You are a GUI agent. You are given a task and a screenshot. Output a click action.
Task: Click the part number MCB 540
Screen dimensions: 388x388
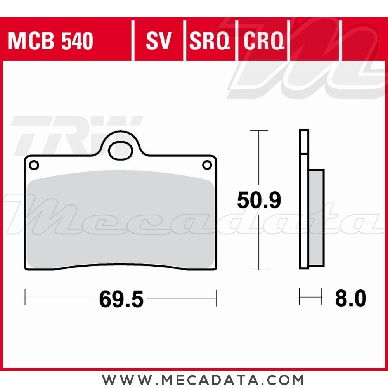[50, 41]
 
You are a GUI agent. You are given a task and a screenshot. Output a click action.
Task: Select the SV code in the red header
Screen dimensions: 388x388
[159, 41]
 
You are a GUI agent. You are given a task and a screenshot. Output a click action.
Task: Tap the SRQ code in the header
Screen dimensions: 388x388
[210, 41]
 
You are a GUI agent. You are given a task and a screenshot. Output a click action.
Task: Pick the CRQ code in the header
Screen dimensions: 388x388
[263, 41]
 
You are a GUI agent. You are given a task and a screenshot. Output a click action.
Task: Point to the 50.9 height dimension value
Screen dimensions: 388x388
[259, 201]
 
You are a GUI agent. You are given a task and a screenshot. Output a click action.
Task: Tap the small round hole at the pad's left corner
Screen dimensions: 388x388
[34, 165]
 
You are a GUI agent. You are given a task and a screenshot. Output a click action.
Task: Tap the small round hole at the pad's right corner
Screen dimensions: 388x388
[207, 165]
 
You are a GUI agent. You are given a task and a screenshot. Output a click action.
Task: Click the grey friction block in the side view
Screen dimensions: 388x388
[316, 217]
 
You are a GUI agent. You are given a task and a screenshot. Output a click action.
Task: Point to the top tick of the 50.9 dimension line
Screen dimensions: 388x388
[259, 131]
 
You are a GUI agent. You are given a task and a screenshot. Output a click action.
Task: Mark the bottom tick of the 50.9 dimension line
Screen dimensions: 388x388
[259, 270]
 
